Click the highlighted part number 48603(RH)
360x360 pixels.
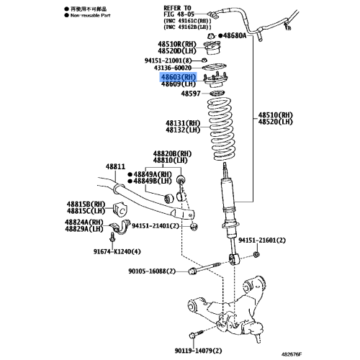tap(178, 76)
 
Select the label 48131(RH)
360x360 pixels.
tap(183, 123)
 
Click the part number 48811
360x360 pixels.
tap(116, 166)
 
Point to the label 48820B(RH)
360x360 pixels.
tap(171, 154)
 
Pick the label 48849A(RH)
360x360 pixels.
tap(152, 174)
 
